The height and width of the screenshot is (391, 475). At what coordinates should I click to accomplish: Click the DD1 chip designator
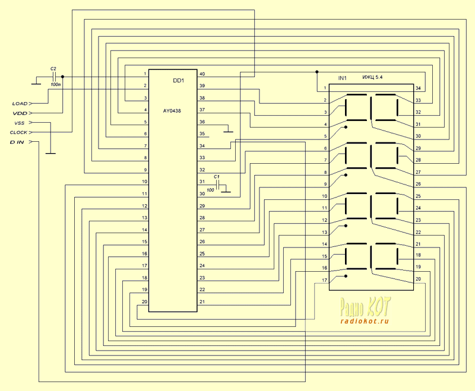pos(179,81)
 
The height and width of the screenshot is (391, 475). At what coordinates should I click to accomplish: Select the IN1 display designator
pos(342,78)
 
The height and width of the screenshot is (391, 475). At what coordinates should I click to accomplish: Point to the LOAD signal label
pos(20,103)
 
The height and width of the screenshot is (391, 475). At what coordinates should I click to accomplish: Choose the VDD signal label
pos(20,113)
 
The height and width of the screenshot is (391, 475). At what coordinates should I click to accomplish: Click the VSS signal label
pos(19,123)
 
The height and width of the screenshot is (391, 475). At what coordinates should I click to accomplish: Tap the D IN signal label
pos(18,143)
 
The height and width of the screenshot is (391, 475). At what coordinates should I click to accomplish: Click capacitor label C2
pos(53,69)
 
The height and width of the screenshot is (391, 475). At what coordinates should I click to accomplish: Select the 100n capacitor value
pos(56,85)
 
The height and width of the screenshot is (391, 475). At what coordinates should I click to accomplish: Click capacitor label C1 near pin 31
pos(217,177)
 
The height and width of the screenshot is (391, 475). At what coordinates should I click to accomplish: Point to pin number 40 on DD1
pos(202,74)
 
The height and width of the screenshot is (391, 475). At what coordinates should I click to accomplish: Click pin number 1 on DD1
pos(145,74)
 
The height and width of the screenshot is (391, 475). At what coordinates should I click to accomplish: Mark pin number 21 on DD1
pos(202,302)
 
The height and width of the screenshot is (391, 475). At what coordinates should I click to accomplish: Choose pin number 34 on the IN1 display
pos(418,88)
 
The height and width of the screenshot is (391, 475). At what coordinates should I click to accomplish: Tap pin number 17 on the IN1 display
pos(324,280)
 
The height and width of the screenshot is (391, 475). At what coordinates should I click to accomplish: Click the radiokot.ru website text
pos(365,321)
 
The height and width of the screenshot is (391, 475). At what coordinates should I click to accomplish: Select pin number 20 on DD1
pos(144,302)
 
